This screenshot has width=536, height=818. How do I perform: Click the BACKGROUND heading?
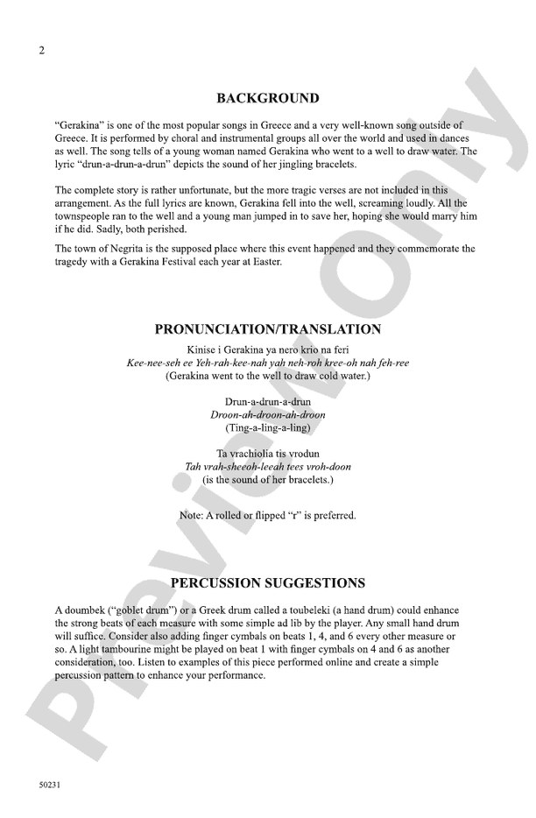[x=267, y=98]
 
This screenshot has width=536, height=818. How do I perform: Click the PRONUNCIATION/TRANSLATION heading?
[x=267, y=329]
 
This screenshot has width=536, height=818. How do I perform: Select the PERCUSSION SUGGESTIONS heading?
[x=267, y=583]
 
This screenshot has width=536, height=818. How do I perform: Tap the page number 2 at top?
[x=40, y=50]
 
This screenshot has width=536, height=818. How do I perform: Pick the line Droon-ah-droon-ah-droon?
[x=267, y=414]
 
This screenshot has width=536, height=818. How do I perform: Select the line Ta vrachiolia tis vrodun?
[x=267, y=454]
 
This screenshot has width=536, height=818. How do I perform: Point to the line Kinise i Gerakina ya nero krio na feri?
[x=267, y=349]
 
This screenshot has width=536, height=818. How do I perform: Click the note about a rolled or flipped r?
[x=267, y=516]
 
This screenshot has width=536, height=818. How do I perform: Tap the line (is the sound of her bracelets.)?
[x=267, y=480]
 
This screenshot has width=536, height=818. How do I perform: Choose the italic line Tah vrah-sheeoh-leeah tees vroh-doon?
[x=267, y=467]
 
